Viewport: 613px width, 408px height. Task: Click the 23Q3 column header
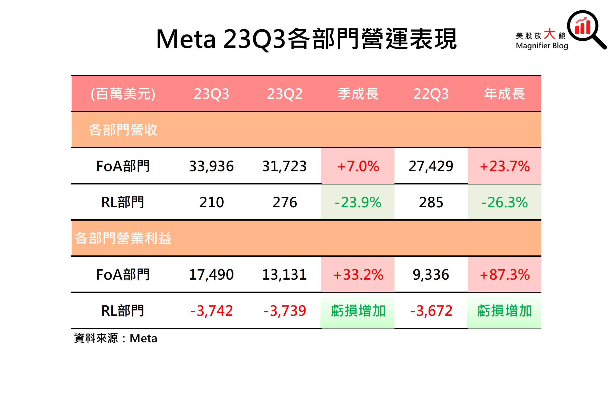(211, 94)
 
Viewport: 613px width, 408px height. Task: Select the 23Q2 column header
(285, 94)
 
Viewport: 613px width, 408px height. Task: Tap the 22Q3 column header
(431, 94)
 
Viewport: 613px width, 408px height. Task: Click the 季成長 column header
(358, 94)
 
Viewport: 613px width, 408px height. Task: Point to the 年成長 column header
(504, 94)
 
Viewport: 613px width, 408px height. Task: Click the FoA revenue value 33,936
(211, 166)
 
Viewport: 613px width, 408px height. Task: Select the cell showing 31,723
(285, 166)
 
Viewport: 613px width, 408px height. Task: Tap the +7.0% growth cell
(358, 166)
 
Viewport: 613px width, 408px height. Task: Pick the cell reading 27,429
(431, 166)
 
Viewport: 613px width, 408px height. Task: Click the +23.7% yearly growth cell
(504, 166)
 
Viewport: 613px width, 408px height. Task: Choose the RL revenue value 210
(211, 202)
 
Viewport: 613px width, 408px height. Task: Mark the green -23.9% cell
(358, 202)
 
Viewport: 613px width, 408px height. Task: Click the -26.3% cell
(504, 202)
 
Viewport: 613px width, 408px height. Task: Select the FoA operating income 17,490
(211, 275)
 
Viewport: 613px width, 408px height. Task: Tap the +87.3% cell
(504, 275)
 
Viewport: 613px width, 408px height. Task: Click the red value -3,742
(211, 311)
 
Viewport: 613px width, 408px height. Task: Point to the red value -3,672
(431, 311)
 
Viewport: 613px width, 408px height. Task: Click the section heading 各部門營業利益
(123, 238)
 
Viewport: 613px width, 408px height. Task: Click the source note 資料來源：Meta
(116, 338)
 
